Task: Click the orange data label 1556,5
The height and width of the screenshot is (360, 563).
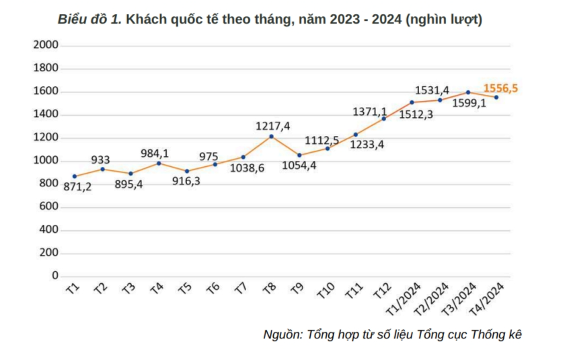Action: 500,88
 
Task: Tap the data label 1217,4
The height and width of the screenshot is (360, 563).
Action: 273,125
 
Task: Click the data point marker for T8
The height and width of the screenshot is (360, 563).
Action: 271,137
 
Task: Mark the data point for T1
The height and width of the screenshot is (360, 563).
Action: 74,176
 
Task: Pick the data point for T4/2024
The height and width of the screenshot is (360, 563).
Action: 496,98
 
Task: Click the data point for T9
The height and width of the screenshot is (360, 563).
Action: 299,155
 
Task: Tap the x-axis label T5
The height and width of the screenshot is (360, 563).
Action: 185,288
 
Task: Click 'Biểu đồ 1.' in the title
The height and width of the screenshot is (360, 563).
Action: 89,20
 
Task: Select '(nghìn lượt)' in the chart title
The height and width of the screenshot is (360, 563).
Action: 444,20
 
